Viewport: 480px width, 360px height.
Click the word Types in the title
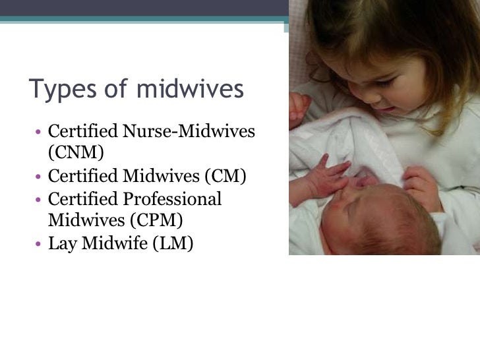pos(59,89)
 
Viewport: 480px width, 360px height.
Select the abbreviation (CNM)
pos(76,152)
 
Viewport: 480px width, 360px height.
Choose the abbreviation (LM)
pos(173,243)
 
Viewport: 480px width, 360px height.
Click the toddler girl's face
pos(376,73)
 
